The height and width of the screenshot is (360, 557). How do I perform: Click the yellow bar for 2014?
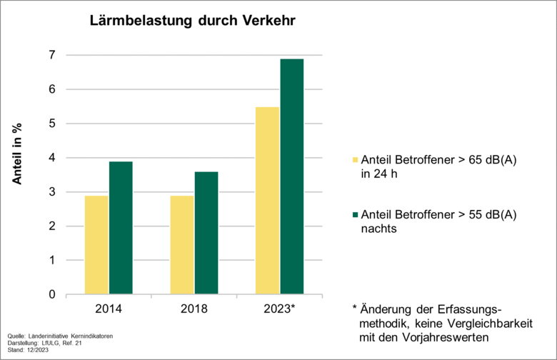coord(96,245)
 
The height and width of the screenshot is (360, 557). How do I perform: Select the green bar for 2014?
coord(121,228)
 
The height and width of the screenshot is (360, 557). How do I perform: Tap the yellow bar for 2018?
coord(182,245)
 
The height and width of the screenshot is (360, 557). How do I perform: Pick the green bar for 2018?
coord(206,233)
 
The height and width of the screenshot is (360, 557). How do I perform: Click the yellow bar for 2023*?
coord(268,201)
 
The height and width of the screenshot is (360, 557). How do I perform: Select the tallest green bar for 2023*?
coord(292,176)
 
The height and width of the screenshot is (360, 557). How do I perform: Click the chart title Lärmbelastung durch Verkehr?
coord(191,21)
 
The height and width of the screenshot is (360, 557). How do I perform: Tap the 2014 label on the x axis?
coord(108,309)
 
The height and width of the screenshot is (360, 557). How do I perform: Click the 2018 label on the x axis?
coord(194,309)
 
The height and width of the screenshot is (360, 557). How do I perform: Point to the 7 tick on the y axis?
coord(51,56)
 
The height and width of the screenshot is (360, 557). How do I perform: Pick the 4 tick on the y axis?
coord(51,158)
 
